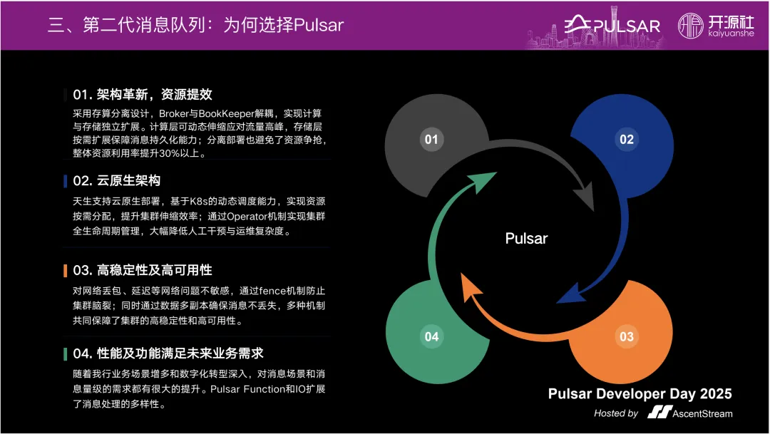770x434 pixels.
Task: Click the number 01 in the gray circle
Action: click(x=431, y=139)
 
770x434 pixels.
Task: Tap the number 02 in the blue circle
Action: click(x=626, y=139)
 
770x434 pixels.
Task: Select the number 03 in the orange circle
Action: click(x=626, y=336)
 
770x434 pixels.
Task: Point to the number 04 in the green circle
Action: click(x=431, y=336)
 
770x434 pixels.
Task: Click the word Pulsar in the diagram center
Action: click(x=526, y=238)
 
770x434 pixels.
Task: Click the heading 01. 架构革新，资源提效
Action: click(x=143, y=95)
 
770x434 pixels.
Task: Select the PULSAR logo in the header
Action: click(x=613, y=26)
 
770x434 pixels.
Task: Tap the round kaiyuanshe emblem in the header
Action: click(x=691, y=26)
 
